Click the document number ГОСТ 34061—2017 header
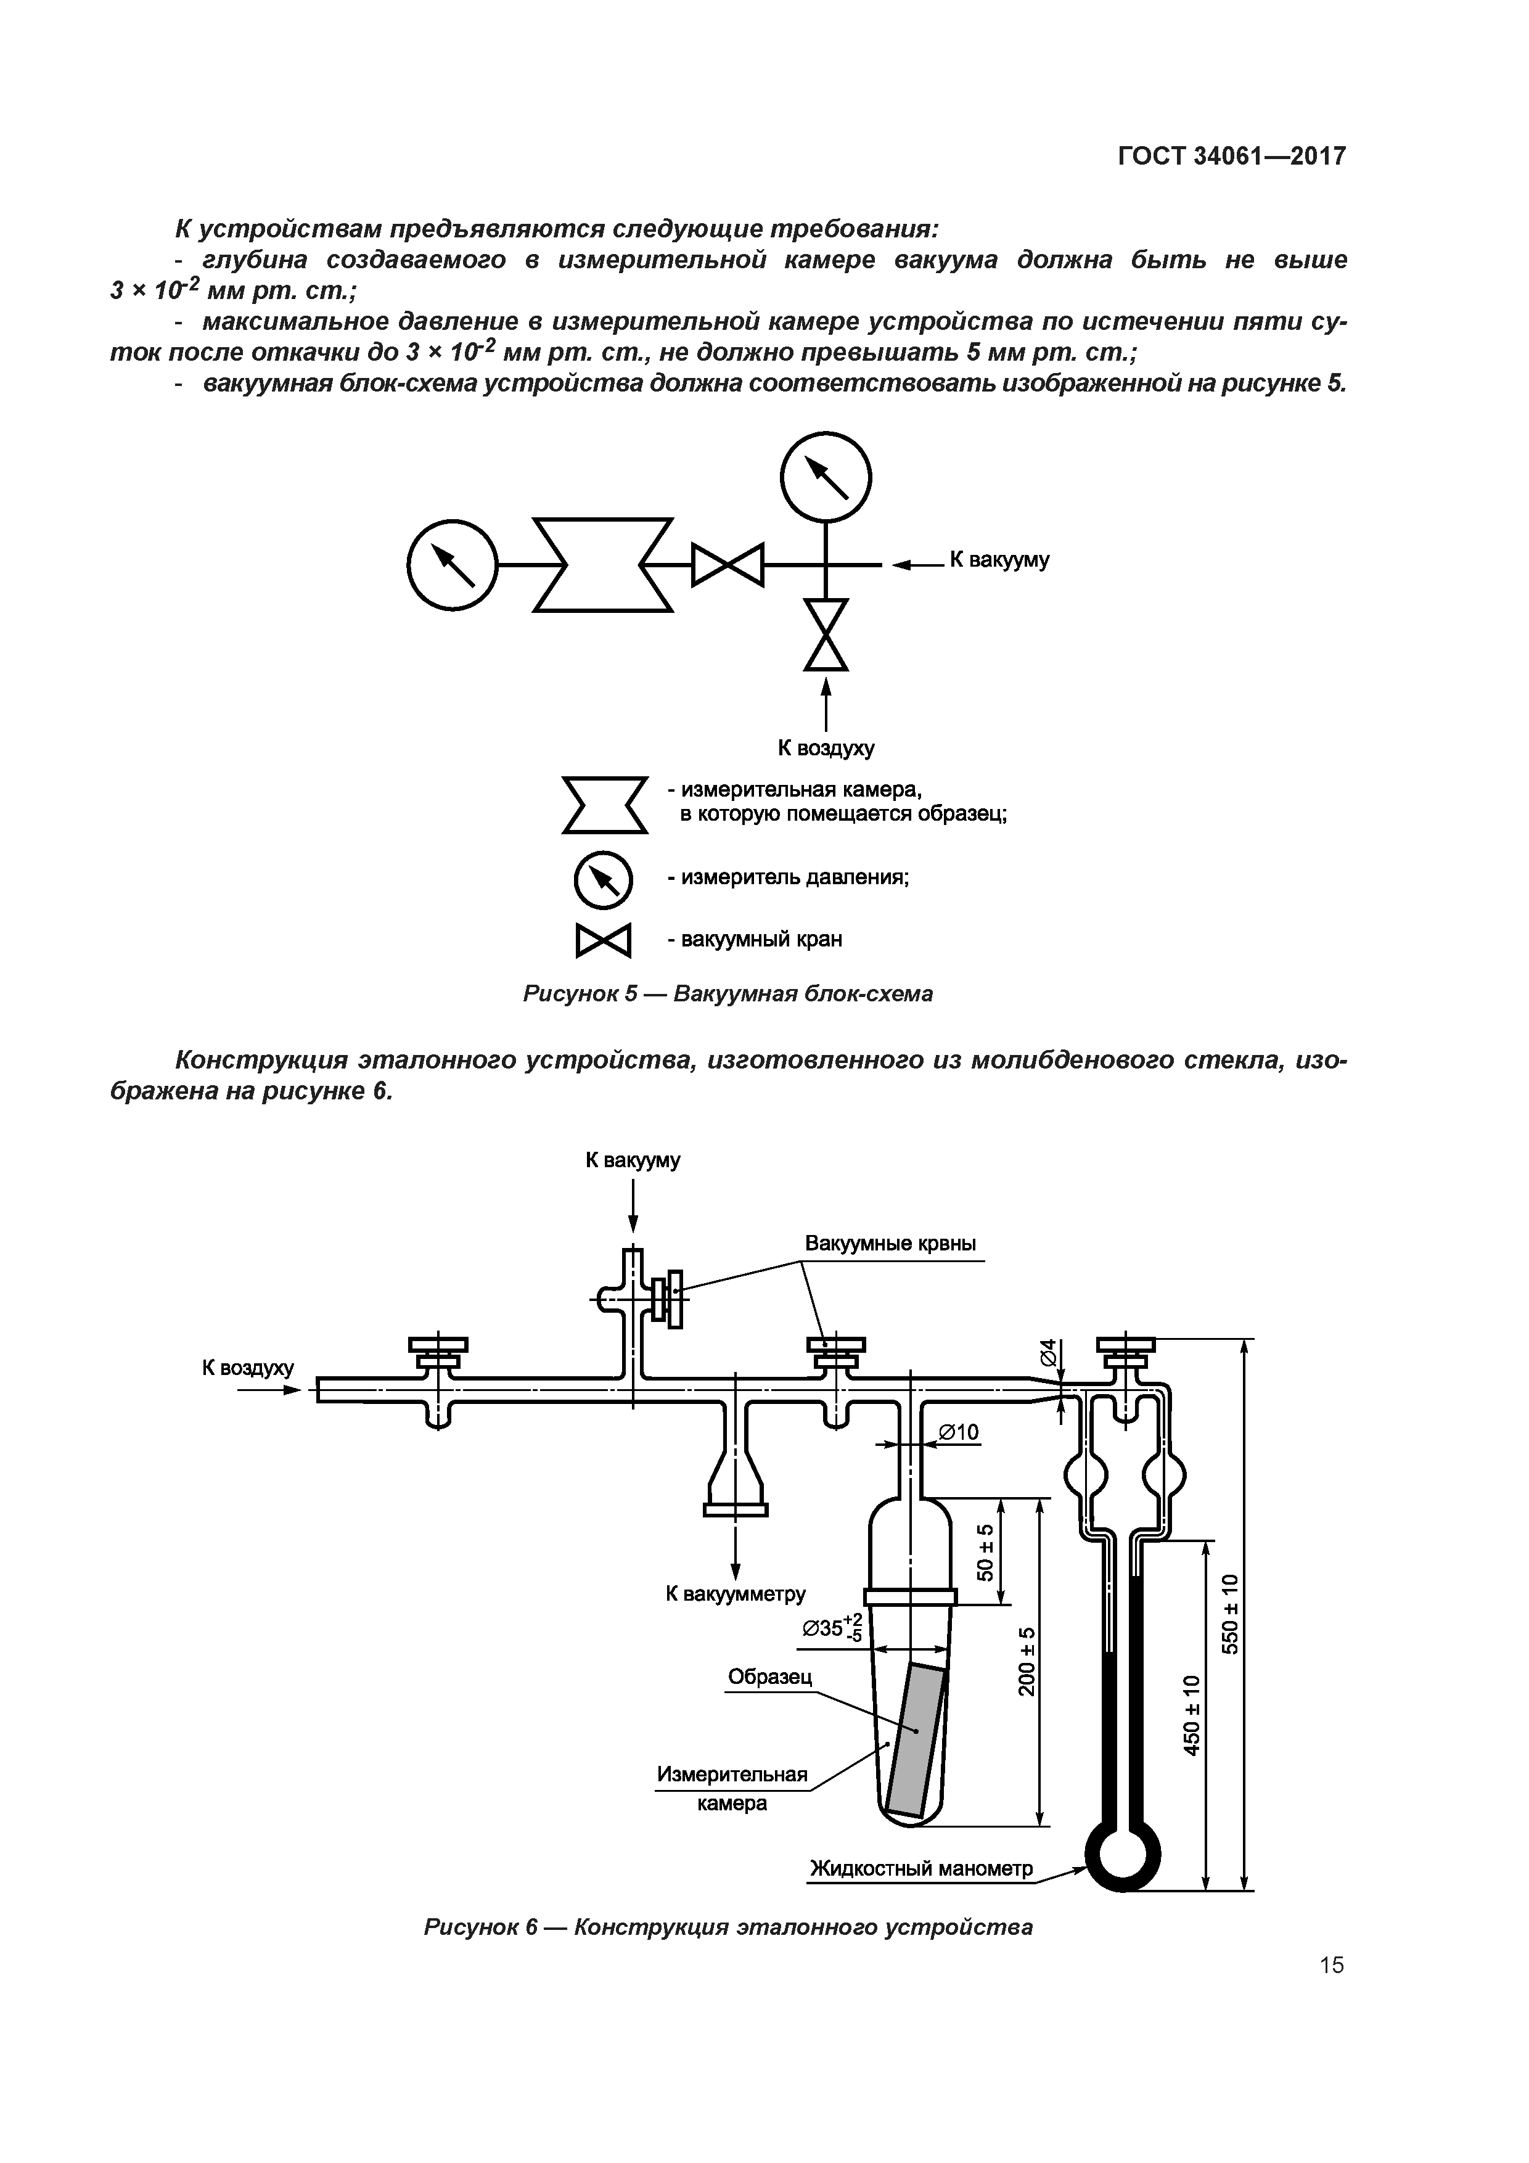(1231, 157)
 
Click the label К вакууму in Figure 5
(999, 560)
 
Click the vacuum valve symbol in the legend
(603, 940)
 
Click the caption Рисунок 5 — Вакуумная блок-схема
(728, 994)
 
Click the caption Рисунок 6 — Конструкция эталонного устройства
(728, 1927)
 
